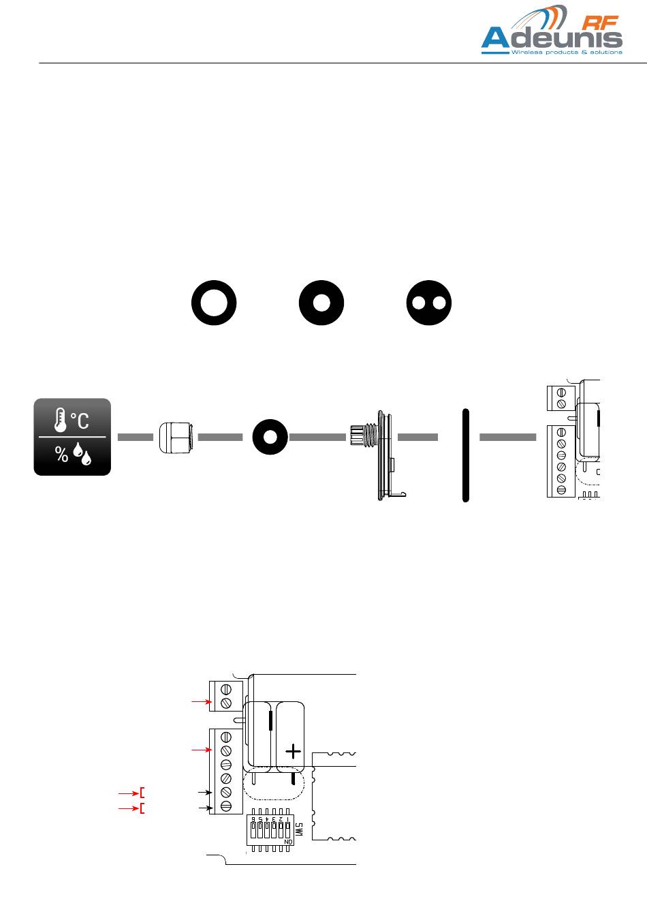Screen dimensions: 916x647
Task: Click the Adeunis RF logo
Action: [552, 34]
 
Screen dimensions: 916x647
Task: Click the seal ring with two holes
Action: [428, 303]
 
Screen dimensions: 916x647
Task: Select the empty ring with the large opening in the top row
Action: [214, 303]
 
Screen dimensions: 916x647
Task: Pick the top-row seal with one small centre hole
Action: [321, 303]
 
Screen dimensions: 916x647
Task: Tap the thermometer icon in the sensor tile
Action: [60, 420]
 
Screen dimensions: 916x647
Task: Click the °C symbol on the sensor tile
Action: [80, 421]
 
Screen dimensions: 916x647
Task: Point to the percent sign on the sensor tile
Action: [62, 455]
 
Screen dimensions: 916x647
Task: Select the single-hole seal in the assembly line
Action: [269, 437]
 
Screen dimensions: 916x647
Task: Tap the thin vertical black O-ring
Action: [466, 455]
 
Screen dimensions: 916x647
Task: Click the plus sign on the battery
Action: [293, 752]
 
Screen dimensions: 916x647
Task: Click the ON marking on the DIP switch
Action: [289, 842]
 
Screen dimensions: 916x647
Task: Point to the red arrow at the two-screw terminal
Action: [200, 701]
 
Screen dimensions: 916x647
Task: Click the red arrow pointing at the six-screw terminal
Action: [200, 750]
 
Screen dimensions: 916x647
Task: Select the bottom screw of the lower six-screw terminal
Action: [226, 806]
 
